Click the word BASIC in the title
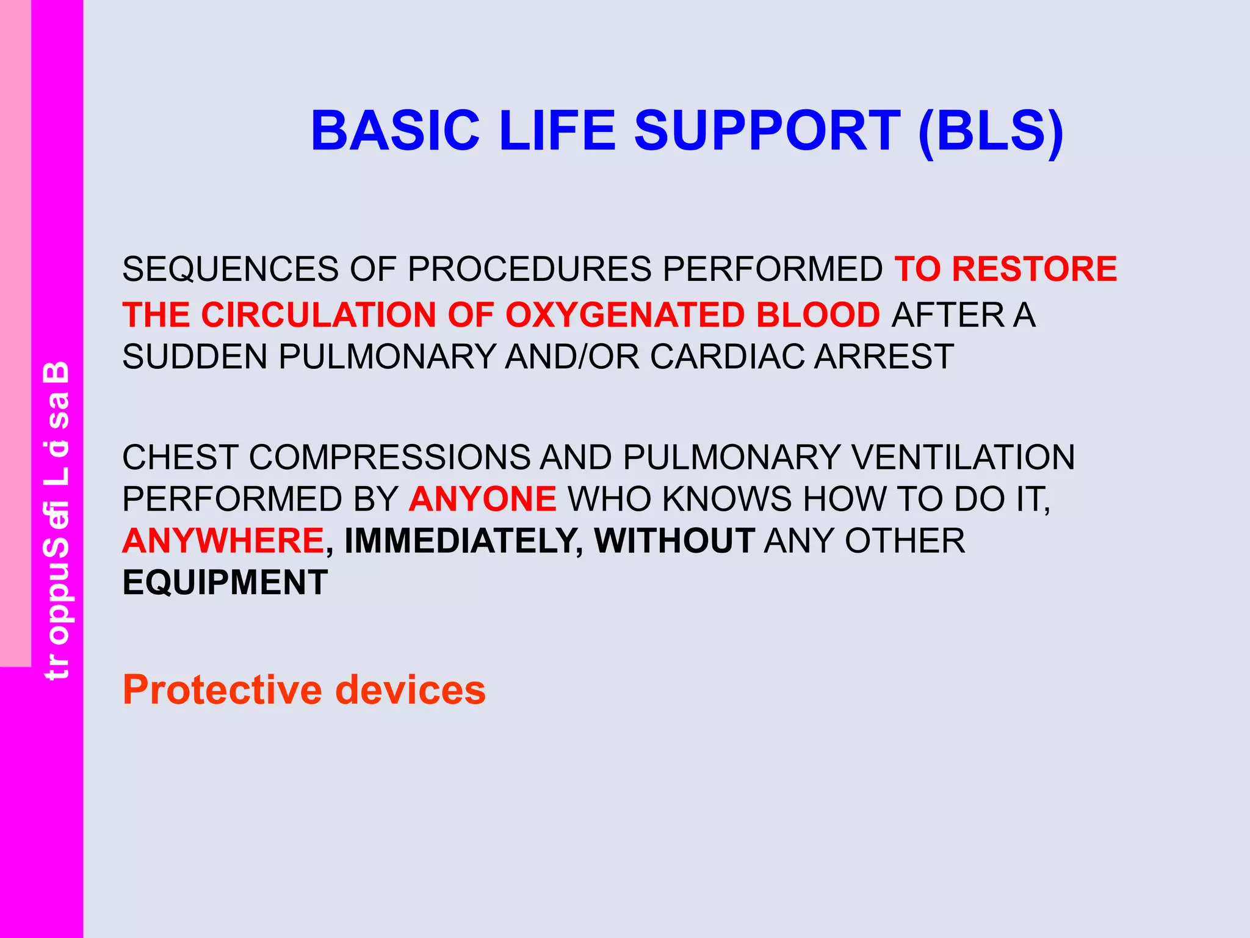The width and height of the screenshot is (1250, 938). pos(395,131)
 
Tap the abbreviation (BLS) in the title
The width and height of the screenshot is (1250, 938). pos(991,131)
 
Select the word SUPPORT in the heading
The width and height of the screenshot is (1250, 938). pos(767,131)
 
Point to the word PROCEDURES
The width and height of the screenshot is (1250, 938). pos(529,269)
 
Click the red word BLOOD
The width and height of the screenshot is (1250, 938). pos(817,315)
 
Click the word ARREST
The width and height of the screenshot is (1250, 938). pos(884,357)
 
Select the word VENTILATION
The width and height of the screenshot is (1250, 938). pos(963,457)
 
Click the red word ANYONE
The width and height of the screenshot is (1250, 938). pos(482,499)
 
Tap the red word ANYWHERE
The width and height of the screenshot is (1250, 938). pos(223,541)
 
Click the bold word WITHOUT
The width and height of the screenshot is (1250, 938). pos(674,541)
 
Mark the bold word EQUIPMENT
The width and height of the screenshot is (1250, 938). pos(225,583)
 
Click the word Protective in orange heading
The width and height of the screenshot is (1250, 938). pos(222,690)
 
